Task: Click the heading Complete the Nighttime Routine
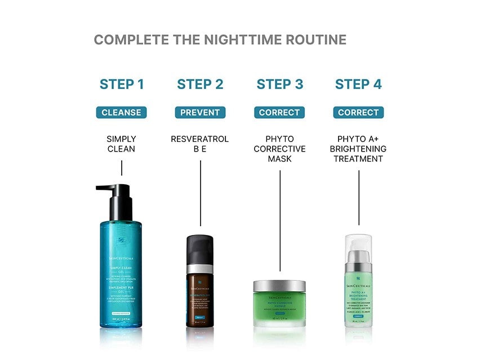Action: [220, 40]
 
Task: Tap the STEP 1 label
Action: [122, 85]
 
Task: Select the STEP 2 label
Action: [200, 85]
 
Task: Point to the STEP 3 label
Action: [279, 85]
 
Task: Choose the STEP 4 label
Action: [358, 85]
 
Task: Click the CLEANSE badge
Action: [122, 113]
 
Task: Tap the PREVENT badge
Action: [200, 113]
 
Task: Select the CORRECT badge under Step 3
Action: [279, 113]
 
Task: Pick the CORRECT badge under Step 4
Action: [358, 113]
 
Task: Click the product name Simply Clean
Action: [122, 144]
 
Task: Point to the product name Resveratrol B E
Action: [200, 144]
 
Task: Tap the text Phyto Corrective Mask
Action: [279, 149]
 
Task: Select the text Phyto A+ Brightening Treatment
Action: [358, 149]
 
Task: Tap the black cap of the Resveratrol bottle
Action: [200, 248]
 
